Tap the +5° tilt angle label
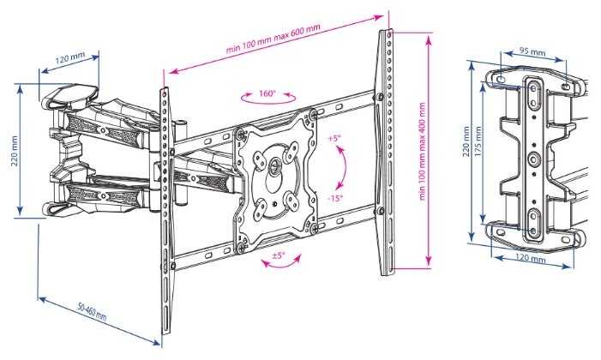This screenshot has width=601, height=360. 333,138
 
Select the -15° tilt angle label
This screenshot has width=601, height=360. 335,197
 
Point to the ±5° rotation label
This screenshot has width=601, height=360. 279,255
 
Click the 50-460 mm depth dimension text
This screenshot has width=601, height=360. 89,314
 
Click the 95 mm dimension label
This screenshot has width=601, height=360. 532,52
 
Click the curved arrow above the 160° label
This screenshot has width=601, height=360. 266,103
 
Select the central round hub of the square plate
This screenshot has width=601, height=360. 274,164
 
